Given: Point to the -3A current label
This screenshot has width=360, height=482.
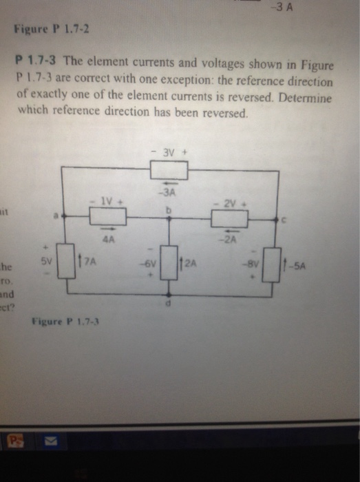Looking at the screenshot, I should (x=170, y=192).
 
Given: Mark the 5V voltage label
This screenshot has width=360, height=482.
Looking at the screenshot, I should (x=45, y=262).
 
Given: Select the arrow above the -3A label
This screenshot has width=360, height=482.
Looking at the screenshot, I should (x=170, y=183).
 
